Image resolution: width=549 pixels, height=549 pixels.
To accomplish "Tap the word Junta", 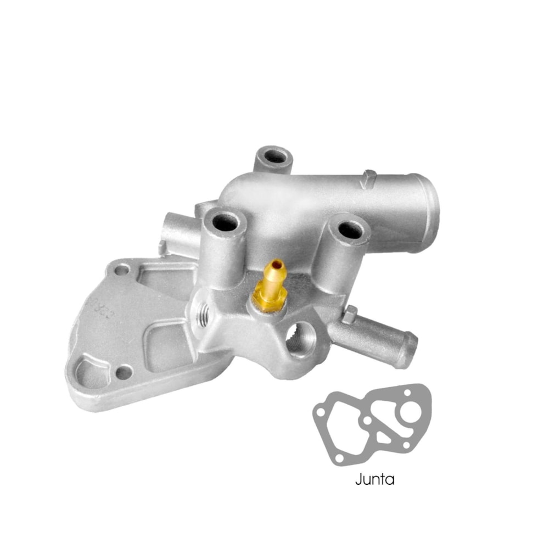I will click(x=374, y=479).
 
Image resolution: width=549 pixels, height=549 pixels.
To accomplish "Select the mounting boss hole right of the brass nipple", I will click(x=349, y=230).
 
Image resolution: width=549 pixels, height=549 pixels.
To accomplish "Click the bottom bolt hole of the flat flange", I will click(x=124, y=372).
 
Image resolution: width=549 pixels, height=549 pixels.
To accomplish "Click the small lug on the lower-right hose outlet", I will click(x=349, y=314).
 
